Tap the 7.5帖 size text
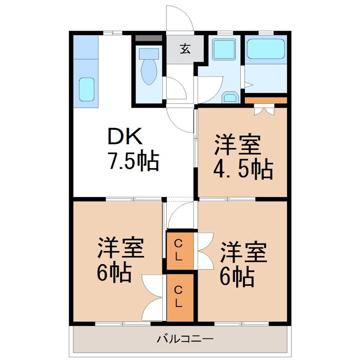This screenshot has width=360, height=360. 132,161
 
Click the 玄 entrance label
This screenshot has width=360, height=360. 185,48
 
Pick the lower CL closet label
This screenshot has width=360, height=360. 179,297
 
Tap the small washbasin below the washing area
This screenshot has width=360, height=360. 230,97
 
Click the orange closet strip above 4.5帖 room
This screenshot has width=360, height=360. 265,100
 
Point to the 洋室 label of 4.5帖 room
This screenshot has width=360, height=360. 237,145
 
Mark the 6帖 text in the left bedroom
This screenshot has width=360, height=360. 114,273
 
